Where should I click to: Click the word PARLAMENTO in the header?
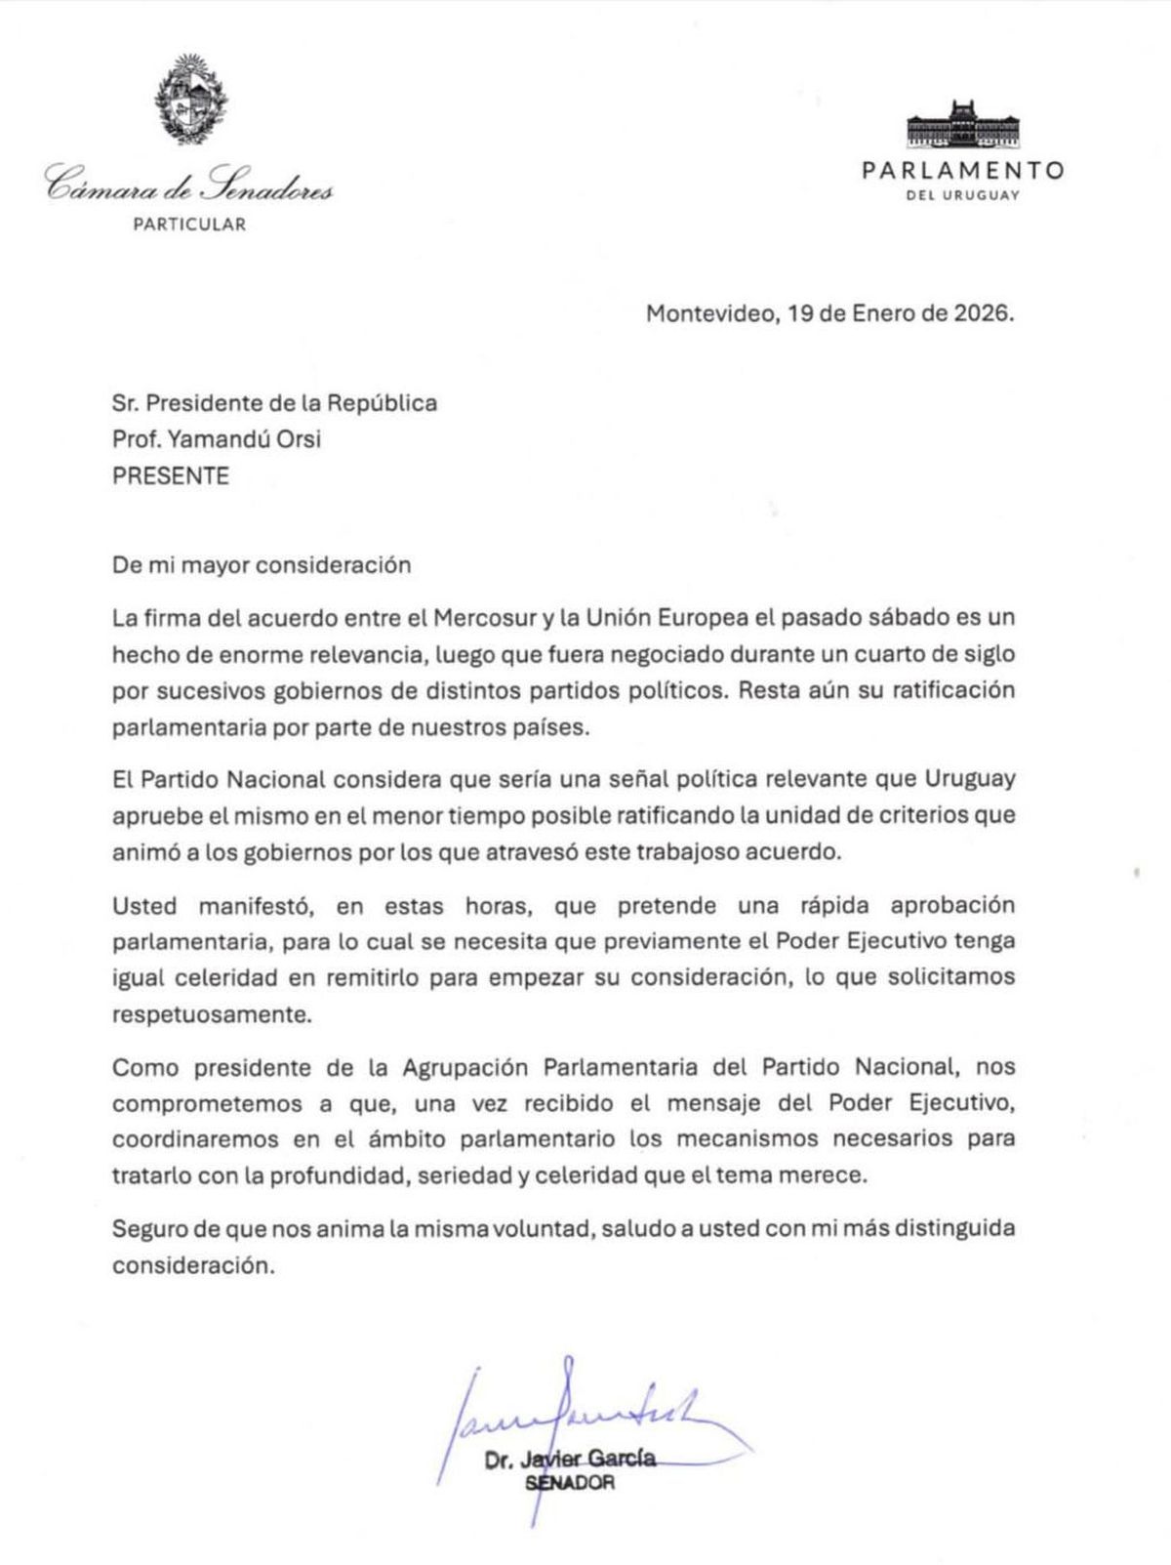click(x=962, y=170)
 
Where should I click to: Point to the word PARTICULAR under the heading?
click(x=189, y=225)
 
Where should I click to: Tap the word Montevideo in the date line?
click(x=707, y=314)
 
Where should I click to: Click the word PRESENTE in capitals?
click(x=171, y=476)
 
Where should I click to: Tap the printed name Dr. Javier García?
click(x=570, y=1461)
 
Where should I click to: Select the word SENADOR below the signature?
click(x=570, y=1483)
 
